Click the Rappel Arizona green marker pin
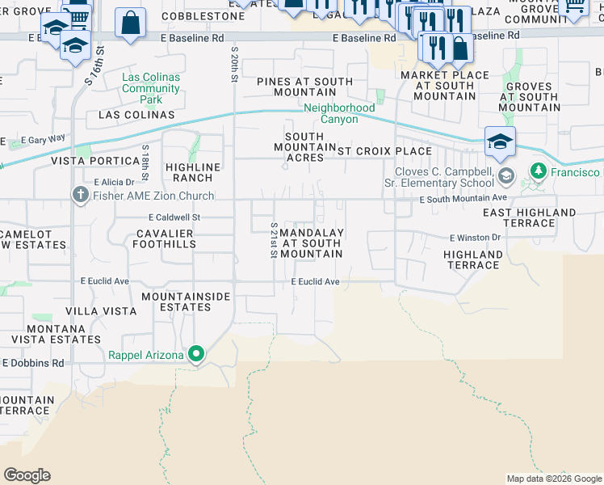[x=195, y=354]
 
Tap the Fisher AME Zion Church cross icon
[x=80, y=195]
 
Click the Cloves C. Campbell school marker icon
[x=506, y=175]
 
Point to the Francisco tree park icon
[x=538, y=171]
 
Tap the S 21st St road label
[x=275, y=240]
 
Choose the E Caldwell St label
[x=174, y=217]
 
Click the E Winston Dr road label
[x=476, y=238]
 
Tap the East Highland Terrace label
[x=530, y=217]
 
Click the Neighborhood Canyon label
[x=339, y=113]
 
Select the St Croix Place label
[x=384, y=150]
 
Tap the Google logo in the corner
[x=27, y=474]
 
